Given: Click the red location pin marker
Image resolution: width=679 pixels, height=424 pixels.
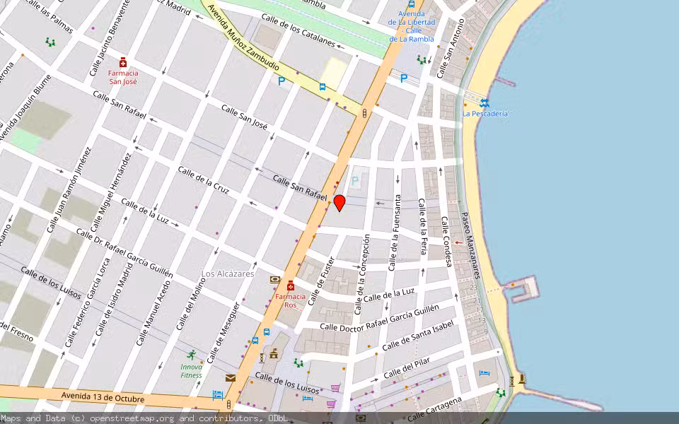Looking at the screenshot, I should tap(339, 203).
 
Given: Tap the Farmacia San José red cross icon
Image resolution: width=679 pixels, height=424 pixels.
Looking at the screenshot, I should tap(123, 62).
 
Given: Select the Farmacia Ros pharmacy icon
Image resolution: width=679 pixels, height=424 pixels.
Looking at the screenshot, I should tap(291, 285).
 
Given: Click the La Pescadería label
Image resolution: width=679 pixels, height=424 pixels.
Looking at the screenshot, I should tap(485, 113).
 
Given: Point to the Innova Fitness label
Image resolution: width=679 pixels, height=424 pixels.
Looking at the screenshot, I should tap(191, 371).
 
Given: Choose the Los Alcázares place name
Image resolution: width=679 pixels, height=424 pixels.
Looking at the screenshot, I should tap(228, 273).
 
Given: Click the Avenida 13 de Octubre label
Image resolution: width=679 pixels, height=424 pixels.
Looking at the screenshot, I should tap(103, 398).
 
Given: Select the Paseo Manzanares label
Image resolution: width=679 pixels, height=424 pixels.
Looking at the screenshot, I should tap(471, 245).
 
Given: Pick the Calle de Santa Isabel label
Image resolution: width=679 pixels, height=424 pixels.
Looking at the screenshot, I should tap(418, 335).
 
